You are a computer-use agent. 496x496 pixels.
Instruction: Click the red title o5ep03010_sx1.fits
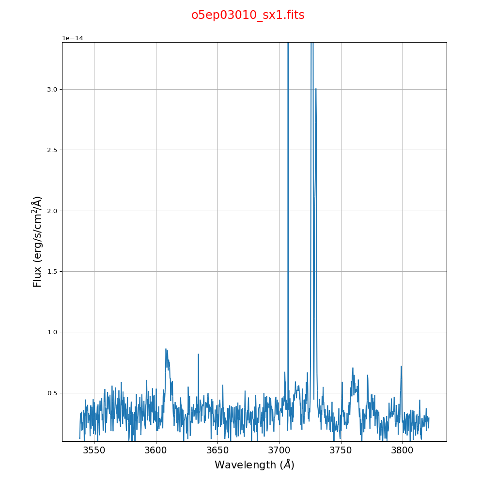click(x=248, y=15)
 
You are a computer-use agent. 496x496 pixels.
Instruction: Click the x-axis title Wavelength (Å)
click(x=254, y=465)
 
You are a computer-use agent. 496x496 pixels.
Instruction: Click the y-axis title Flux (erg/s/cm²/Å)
click(x=38, y=241)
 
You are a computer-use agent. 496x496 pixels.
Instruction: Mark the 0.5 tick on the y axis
click(x=52, y=393)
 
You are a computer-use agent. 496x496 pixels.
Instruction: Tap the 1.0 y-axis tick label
click(x=52, y=332)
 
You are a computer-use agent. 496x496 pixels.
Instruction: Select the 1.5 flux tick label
click(x=52, y=271)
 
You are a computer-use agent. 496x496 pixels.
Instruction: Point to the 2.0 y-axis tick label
click(x=52, y=211)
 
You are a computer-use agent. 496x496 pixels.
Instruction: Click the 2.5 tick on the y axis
click(x=52, y=150)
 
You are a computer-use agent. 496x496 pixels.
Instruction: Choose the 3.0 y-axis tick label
click(x=52, y=89)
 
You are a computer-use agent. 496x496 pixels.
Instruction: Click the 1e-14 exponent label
click(x=73, y=38)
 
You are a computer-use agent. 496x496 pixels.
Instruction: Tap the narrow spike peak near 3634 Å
click(x=198, y=354)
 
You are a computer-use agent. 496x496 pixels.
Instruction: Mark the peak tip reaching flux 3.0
click(x=316, y=89)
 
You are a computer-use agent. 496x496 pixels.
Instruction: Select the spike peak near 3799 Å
click(x=401, y=366)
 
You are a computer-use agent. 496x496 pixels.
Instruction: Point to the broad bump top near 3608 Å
click(x=166, y=349)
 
